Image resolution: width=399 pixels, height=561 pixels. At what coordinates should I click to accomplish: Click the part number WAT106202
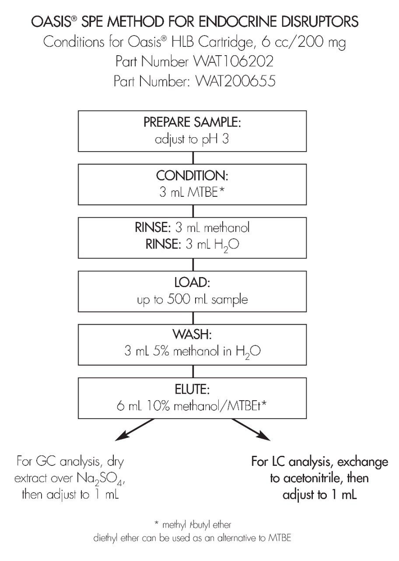[x=233, y=62]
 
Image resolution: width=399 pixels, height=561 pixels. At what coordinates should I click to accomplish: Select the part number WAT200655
[x=235, y=81]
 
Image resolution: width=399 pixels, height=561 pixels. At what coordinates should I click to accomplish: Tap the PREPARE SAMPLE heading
[x=192, y=122]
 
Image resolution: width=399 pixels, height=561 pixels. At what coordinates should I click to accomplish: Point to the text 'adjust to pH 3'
[x=192, y=139]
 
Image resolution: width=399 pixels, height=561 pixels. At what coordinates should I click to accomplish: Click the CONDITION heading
[x=192, y=176]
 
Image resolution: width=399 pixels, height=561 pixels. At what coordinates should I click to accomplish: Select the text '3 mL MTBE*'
[x=192, y=192]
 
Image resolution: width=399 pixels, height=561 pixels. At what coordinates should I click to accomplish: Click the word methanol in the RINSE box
[x=227, y=227]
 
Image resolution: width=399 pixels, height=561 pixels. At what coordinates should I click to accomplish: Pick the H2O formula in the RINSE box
[x=227, y=245]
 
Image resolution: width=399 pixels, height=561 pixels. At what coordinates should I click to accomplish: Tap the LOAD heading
[x=192, y=282]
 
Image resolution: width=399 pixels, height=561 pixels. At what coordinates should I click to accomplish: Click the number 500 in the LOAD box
[x=178, y=299]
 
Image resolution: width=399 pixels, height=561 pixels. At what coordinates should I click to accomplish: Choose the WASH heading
[x=192, y=334]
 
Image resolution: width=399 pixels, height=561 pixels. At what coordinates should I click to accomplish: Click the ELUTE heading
[x=192, y=389]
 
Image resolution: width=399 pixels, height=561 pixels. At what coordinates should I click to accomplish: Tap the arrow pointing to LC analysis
[x=251, y=430]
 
